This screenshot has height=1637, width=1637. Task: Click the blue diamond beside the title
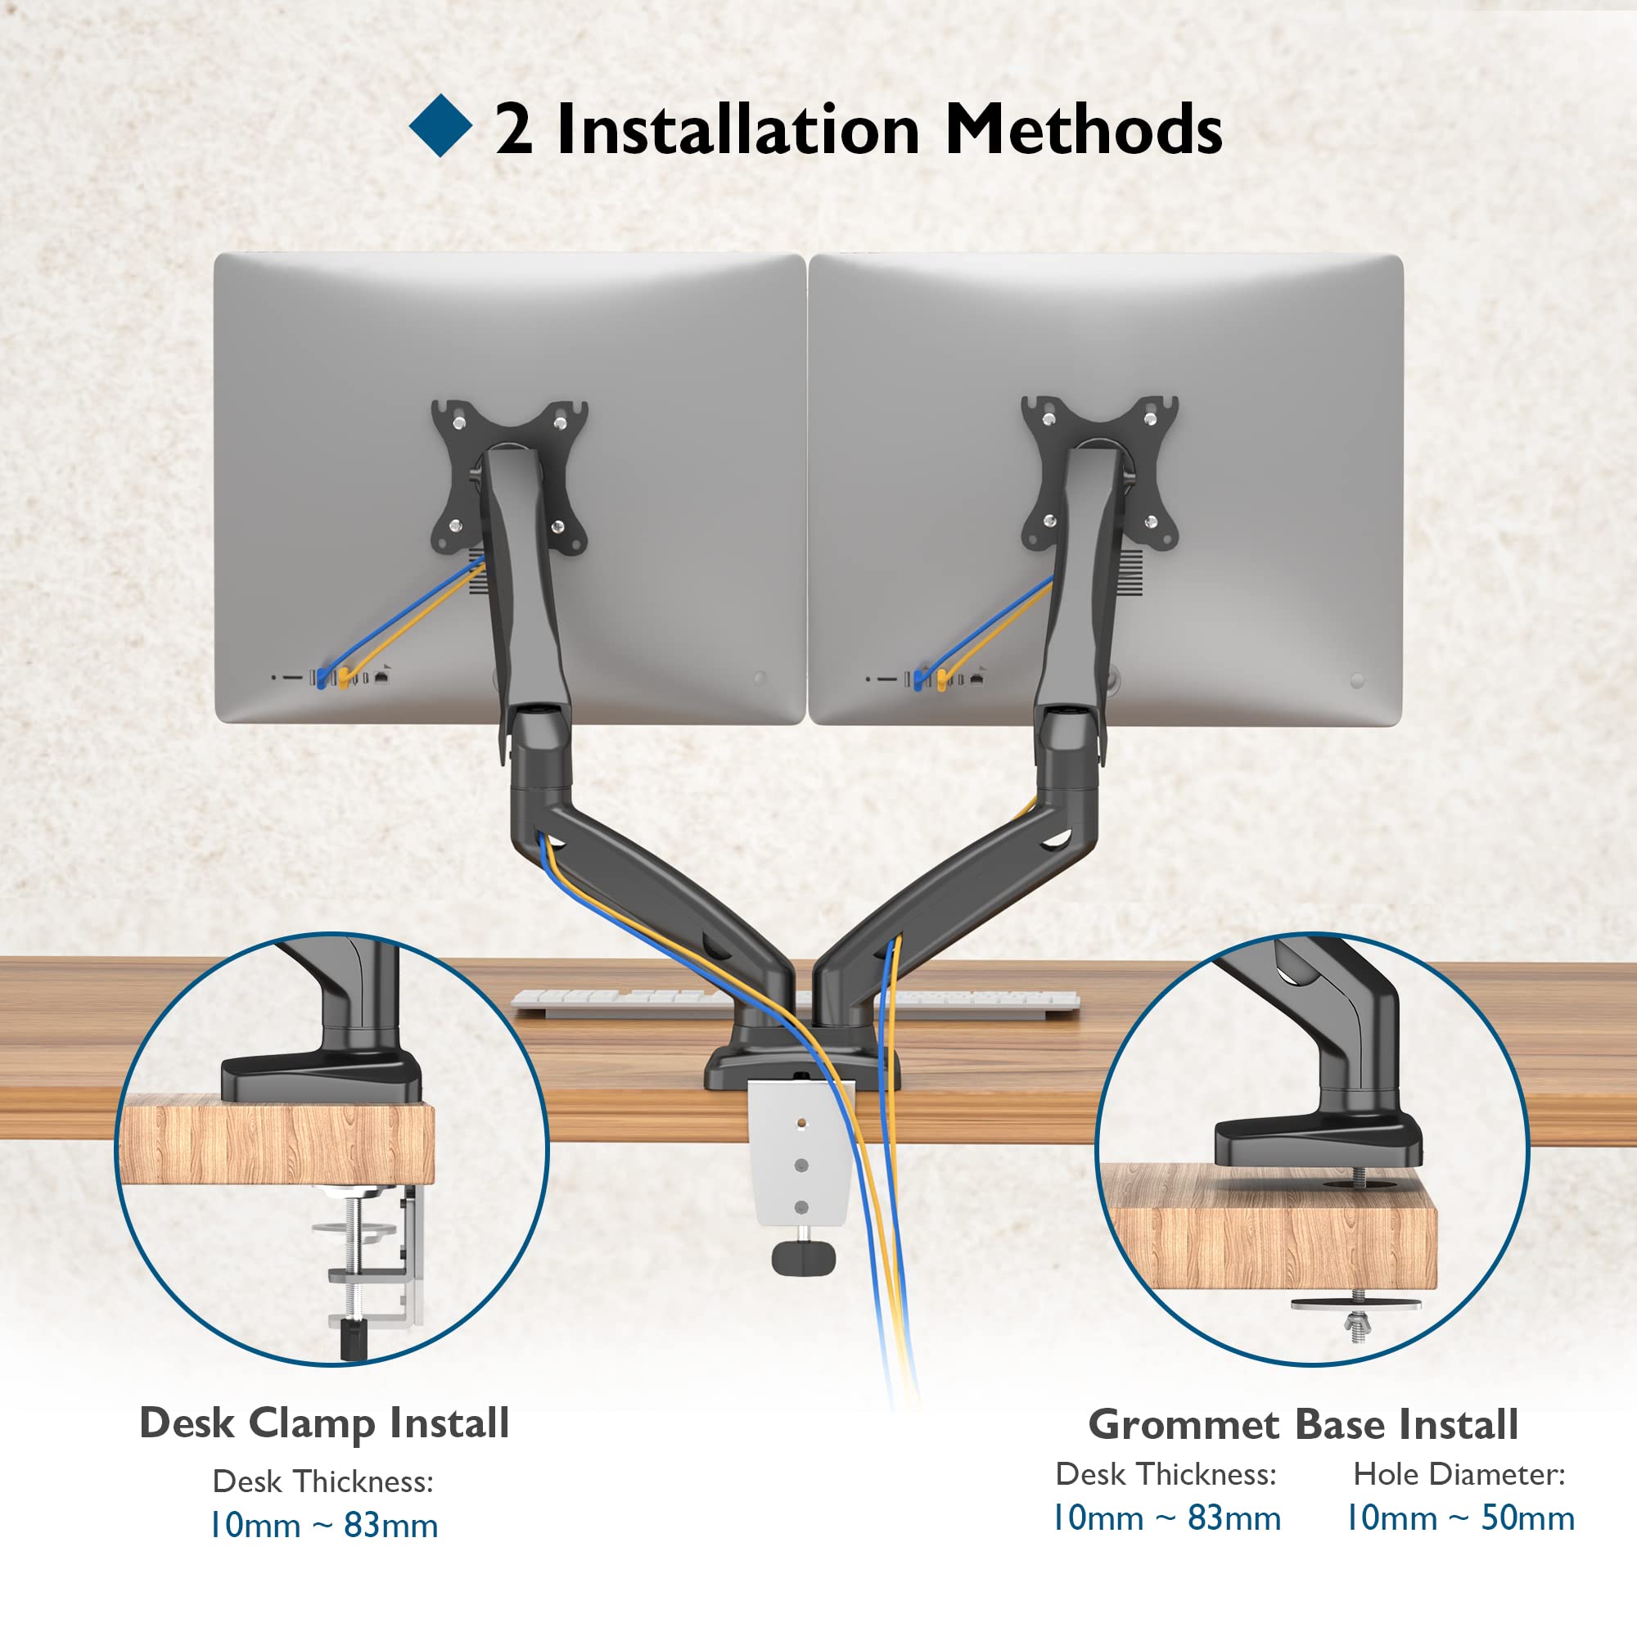[440, 126]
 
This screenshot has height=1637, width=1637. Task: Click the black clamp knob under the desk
[803, 1256]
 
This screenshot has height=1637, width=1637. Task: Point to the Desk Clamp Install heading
[324, 1423]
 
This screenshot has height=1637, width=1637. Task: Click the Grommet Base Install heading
[1303, 1424]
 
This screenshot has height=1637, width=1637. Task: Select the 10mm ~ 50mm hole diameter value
[1460, 1517]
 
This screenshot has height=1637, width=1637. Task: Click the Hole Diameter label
[1459, 1474]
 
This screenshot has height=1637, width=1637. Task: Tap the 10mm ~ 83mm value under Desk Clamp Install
[323, 1525]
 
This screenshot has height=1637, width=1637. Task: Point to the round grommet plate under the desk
[1355, 1303]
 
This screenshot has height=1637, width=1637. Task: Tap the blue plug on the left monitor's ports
[321, 679]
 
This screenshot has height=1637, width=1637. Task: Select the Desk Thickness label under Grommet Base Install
[1165, 1474]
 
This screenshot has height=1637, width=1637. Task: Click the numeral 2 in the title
[513, 129]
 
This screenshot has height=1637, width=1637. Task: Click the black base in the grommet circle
[1318, 1140]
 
